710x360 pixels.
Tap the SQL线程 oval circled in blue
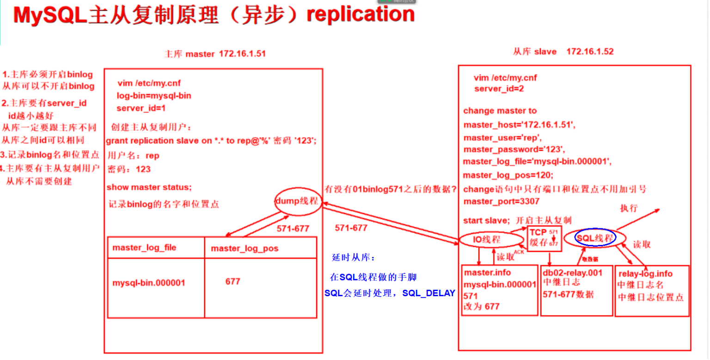[x=595, y=238]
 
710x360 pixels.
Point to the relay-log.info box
[x=652, y=290]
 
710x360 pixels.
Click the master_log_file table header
[x=144, y=248]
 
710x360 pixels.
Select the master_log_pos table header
[x=245, y=248]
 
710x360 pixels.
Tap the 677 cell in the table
[x=233, y=281]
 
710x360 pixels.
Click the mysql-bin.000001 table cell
[x=148, y=282]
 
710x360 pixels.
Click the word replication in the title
[x=361, y=15]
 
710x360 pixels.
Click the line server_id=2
[x=499, y=89]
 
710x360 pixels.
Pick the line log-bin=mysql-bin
[x=154, y=96]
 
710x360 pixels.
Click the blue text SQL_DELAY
[x=428, y=293]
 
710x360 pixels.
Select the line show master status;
[x=149, y=187]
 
